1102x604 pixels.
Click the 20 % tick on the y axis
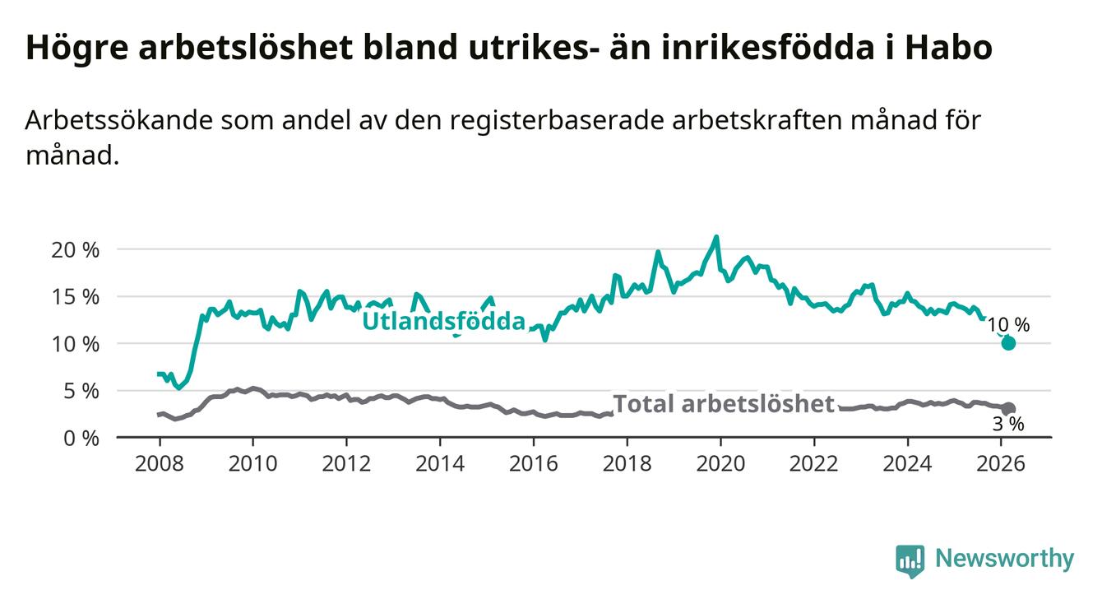[75, 249]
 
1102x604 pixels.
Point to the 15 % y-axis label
[75, 296]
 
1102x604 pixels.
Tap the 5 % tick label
[80, 391]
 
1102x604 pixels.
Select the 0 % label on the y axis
[80, 438]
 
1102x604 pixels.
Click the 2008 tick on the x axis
[159, 462]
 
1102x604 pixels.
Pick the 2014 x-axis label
[440, 462]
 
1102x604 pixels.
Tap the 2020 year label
[720, 462]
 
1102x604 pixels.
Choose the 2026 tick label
[1001, 462]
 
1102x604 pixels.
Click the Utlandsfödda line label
[443, 321]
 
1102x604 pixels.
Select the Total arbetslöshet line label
[725, 404]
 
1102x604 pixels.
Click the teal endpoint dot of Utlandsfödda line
[1008, 343]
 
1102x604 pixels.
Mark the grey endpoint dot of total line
[1008, 409]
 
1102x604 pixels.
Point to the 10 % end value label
[1008, 325]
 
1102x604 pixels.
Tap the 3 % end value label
[1007, 425]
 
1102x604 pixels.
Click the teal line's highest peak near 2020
[716, 237]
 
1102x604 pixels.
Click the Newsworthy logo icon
[910, 560]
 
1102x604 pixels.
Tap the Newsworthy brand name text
[1004, 560]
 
